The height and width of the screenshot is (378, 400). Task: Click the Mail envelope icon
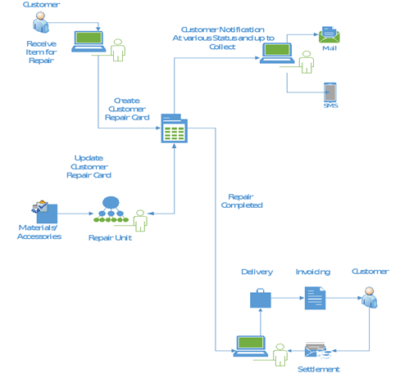[329, 35]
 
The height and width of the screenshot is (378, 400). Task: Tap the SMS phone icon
[330, 92]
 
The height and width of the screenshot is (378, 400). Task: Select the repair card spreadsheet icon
[175, 128]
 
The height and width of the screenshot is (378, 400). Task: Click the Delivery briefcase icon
[261, 298]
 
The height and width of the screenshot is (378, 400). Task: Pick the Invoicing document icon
[315, 298]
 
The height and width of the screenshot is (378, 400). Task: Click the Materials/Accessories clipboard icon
[44, 212]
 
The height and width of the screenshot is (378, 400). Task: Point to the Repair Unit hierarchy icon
[111, 209]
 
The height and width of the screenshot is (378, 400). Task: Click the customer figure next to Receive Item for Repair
[41, 22]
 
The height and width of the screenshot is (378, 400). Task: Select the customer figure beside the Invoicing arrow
[370, 297]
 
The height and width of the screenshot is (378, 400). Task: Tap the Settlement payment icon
[318, 350]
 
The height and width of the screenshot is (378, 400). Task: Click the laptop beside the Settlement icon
[251, 346]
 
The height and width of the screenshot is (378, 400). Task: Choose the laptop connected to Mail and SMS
[277, 53]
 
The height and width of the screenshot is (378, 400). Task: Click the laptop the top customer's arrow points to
[89, 41]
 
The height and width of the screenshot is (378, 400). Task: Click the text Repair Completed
[242, 200]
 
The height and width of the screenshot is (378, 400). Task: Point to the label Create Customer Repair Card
[127, 109]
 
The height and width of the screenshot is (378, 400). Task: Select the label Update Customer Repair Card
[89, 166]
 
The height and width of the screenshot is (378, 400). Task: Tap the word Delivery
[257, 272]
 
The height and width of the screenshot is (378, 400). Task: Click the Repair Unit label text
[110, 238]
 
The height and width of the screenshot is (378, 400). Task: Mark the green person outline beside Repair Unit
[140, 221]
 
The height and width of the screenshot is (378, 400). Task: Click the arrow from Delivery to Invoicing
[288, 298]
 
